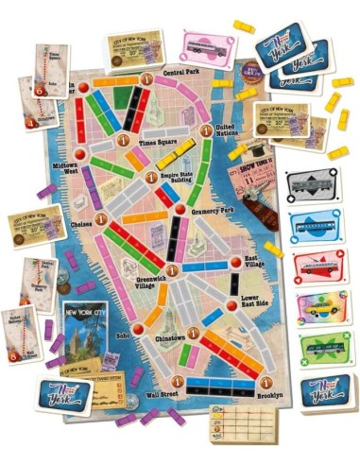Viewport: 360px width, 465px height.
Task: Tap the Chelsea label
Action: tap(85, 224)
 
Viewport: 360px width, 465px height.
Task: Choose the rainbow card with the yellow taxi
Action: tap(317, 308)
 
